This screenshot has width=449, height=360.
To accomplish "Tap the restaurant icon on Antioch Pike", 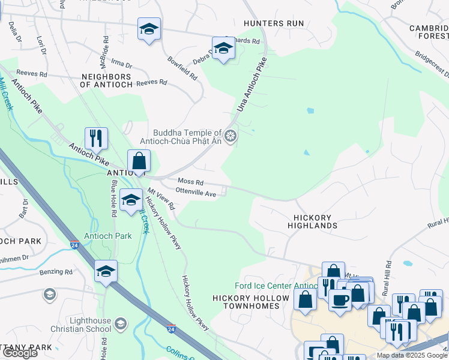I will click(x=96, y=138).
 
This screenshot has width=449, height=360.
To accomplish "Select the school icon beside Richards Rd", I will click(x=223, y=48).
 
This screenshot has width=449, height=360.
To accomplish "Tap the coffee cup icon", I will click(x=340, y=300).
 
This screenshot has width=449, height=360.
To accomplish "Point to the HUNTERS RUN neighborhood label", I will click(x=274, y=23).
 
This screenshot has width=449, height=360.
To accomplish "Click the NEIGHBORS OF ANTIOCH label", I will click(x=106, y=81).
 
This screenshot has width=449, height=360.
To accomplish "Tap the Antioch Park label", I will click(x=107, y=236).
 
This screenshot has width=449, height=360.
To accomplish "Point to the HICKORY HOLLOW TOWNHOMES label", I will click(x=246, y=302).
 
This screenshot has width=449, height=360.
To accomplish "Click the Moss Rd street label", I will click(x=190, y=182).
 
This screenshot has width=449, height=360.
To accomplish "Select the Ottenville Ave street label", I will click(x=196, y=193).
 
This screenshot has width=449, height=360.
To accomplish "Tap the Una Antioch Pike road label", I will click(x=250, y=85).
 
